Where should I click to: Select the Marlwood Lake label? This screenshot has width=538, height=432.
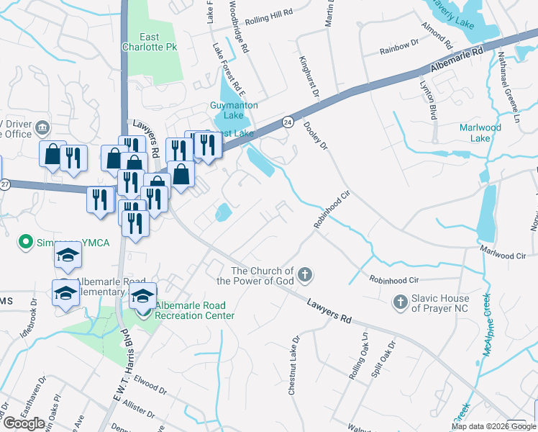click(480, 132)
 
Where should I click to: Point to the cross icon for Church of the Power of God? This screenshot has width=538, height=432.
click(305, 274)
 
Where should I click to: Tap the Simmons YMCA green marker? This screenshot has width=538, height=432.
click(27, 241)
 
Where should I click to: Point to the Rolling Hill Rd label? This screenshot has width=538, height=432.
click(269, 13)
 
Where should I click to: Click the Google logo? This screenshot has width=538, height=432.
click(24, 423)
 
